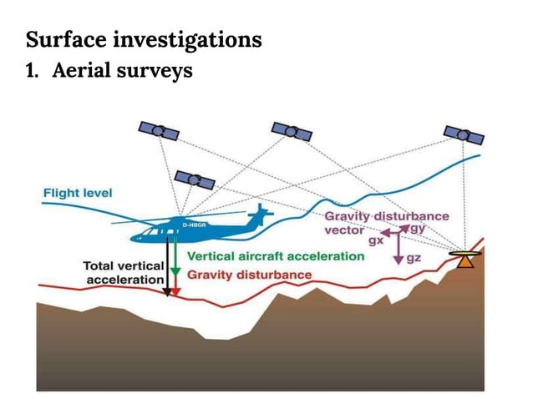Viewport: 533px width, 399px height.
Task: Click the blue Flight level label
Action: pos(78,193)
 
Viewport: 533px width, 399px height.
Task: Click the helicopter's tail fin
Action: pos(261,215)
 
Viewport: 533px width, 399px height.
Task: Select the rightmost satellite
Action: pos(463,134)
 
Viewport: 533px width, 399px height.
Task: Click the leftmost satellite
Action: pos(158,130)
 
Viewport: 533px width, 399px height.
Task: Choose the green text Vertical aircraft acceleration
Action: pos(275,255)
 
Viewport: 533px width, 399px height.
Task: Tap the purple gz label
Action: pos(413,259)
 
